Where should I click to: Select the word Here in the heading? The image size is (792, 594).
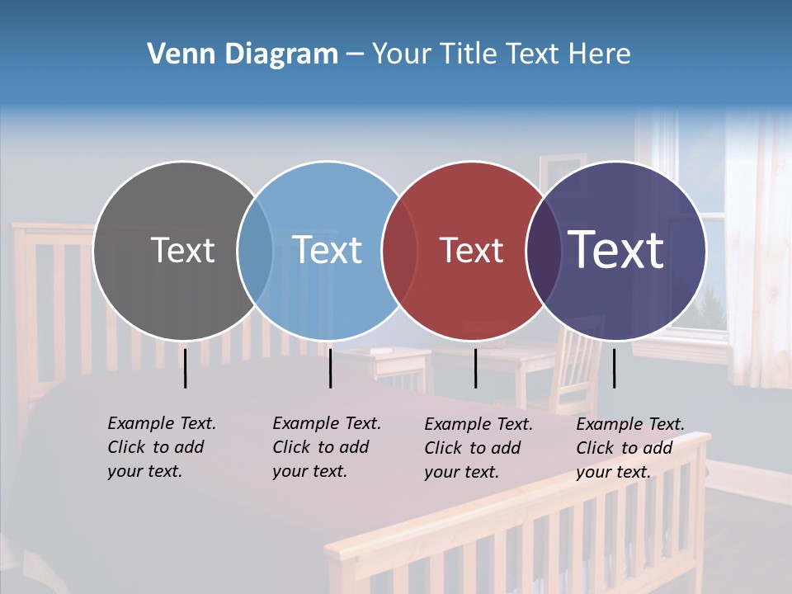[600, 54]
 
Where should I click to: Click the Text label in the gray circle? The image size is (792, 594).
[182, 250]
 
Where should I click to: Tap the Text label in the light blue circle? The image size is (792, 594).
[328, 250]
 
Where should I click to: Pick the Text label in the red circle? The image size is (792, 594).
[471, 250]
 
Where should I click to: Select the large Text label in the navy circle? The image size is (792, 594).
[616, 250]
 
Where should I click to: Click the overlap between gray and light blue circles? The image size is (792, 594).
[255, 250]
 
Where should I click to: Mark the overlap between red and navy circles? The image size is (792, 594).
[543, 250]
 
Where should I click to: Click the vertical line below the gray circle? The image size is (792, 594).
[186, 368]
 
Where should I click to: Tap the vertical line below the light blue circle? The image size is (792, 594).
[330, 368]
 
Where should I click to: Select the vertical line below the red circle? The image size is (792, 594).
[475, 368]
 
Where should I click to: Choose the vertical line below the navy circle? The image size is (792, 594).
[614, 368]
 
